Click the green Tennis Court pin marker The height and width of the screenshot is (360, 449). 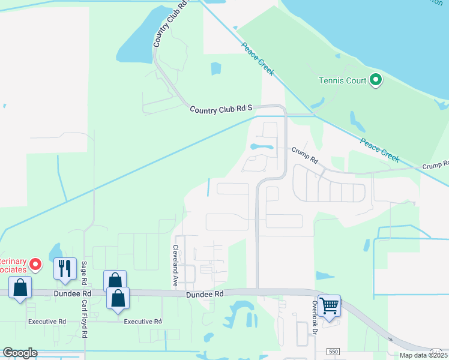376,80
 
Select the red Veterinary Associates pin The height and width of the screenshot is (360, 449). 35,263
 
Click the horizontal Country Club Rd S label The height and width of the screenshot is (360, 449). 221,109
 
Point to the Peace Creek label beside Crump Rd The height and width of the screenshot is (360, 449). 379,149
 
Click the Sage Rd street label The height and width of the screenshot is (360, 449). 85,274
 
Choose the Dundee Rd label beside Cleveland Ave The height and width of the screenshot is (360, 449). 204,295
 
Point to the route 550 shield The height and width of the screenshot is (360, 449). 334,350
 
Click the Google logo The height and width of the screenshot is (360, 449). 20,353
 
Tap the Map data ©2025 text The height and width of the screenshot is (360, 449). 424,355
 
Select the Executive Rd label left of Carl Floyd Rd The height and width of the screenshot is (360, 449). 47,322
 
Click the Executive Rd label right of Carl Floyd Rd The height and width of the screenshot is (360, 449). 143,322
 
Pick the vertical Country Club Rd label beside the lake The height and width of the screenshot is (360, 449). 168,23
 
